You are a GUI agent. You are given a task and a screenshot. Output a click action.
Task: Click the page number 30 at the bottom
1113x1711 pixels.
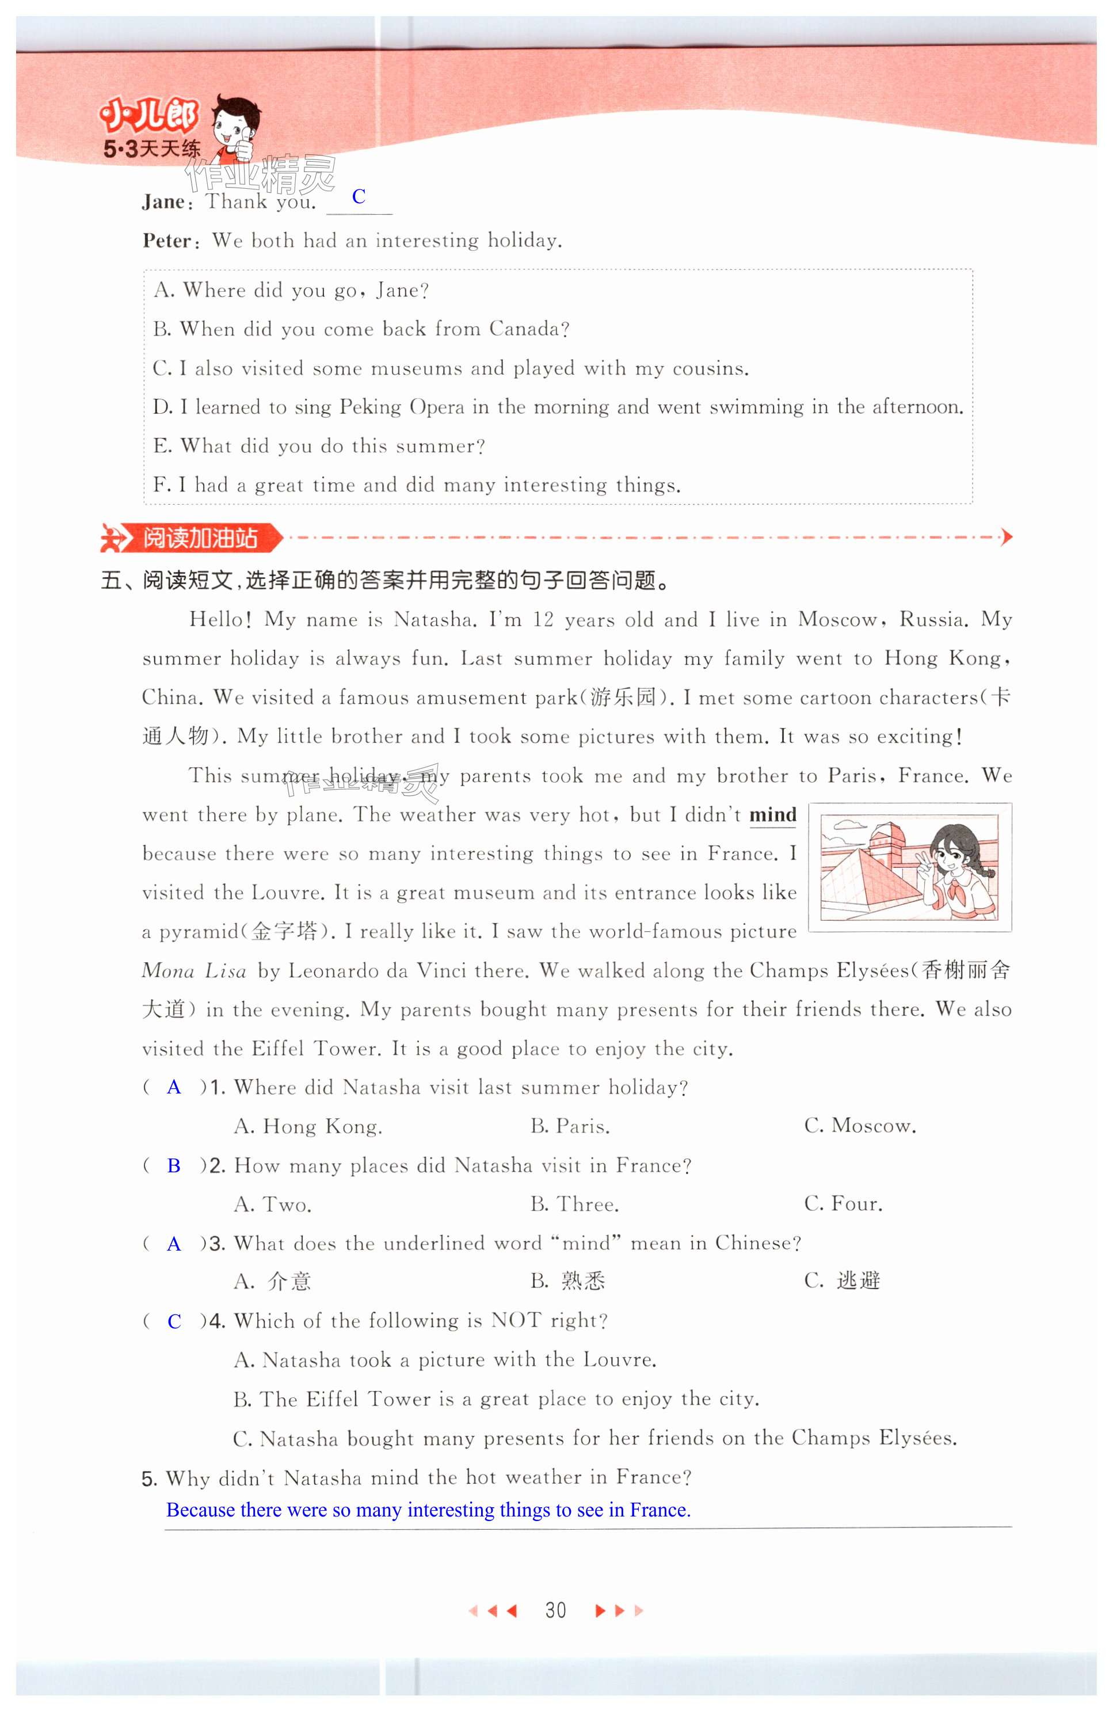(x=555, y=1610)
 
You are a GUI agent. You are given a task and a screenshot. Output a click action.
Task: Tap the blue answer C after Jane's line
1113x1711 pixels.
(x=359, y=196)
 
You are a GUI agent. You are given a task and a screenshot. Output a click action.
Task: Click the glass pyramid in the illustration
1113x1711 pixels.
(x=870, y=881)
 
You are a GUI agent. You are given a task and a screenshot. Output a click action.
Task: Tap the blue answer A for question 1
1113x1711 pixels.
(x=174, y=1087)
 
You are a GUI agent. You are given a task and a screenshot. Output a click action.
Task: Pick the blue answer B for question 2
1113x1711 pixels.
(x=174, y=1165)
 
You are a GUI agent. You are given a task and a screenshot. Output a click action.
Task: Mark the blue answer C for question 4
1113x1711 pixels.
(x=174, y=1321)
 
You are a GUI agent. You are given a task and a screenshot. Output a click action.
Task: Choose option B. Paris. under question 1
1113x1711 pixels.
(x=570, y=1126)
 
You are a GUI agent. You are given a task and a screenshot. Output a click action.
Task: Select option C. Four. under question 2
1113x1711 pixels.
(x=843, y=1204)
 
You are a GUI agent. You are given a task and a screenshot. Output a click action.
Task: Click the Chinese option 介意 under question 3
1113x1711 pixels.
(x=289, y=1281)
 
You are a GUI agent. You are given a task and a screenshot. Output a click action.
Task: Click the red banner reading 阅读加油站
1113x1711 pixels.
(x=199, y=538)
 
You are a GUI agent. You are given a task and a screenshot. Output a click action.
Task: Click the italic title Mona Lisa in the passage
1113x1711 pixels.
(x=194, y=971)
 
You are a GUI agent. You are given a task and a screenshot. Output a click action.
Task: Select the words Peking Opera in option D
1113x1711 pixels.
(x=402, y=407)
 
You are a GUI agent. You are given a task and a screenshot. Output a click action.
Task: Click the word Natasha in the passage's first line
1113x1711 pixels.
(x=433, y=620)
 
